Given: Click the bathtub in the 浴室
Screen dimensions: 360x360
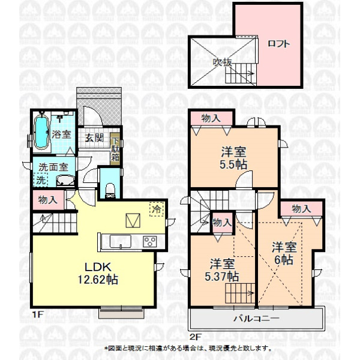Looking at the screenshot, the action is point(41,133).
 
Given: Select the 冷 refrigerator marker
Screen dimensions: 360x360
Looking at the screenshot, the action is point(157,209).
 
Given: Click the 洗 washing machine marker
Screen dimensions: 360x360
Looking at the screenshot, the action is point(41,180).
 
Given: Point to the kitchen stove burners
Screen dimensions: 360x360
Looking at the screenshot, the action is point(149,241).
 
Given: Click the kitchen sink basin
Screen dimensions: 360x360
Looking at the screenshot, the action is point(121,241).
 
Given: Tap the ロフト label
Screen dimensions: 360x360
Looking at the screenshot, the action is point(279,43).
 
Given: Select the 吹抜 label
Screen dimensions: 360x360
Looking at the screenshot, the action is point(223,62).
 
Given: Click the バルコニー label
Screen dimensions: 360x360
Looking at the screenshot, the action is point(257,319).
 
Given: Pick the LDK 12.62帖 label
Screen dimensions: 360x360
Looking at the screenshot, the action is point(98,273).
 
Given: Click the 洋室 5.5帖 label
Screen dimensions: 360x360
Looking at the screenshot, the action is point(233,158).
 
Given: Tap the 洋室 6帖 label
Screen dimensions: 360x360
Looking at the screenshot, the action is point(284,253).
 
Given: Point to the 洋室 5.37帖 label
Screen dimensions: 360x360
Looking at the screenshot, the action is point(222,270).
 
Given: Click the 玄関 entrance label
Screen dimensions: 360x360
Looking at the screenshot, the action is point(94,137).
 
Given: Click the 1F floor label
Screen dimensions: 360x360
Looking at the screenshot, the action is point(37,314).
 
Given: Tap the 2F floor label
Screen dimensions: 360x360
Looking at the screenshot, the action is point(196,337).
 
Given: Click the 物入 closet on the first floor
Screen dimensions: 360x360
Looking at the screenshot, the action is point(48,200).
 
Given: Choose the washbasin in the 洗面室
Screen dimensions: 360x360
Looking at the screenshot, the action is point(65,181).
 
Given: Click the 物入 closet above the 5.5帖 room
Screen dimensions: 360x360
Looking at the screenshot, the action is point(211,118).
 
